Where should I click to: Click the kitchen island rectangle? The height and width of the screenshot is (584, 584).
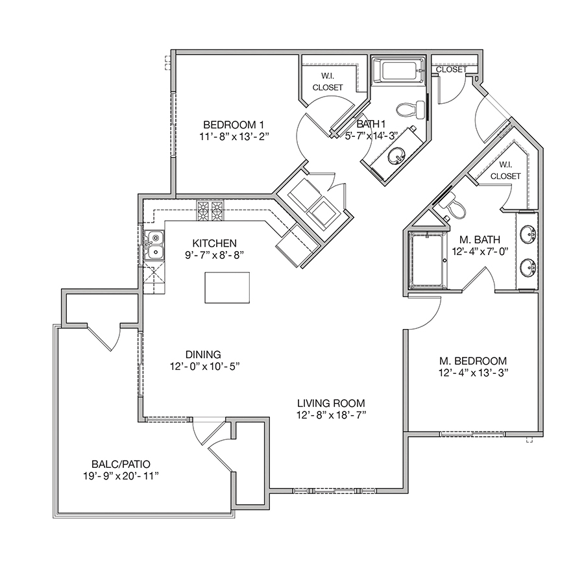coord(227,287)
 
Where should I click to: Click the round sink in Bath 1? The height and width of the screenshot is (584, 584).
coord(396,155)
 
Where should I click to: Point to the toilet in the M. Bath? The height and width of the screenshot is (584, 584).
coord(452,207)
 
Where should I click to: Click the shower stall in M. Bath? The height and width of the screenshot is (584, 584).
coord(427,260)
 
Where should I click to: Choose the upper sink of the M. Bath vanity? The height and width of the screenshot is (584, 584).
coord(528,235)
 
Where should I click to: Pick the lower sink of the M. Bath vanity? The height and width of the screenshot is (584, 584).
coord(528,268)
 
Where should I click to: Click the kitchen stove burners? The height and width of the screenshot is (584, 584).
coord(210,211)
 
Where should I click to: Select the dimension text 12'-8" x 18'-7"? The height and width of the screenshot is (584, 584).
coord(331,415)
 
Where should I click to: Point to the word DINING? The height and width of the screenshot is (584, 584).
coord(203,354)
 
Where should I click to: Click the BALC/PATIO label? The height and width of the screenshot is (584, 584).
coord(121,464)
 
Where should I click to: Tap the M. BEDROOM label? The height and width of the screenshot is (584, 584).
coord(473,361)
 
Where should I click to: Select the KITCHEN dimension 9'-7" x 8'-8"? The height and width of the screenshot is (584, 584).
coord(215,255)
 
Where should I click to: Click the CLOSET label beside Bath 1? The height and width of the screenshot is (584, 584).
coord(451,69)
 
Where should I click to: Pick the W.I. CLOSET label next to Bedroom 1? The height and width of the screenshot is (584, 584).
coord(328,82)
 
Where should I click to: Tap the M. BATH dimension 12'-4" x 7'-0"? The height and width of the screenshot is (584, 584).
coord(480,251)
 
